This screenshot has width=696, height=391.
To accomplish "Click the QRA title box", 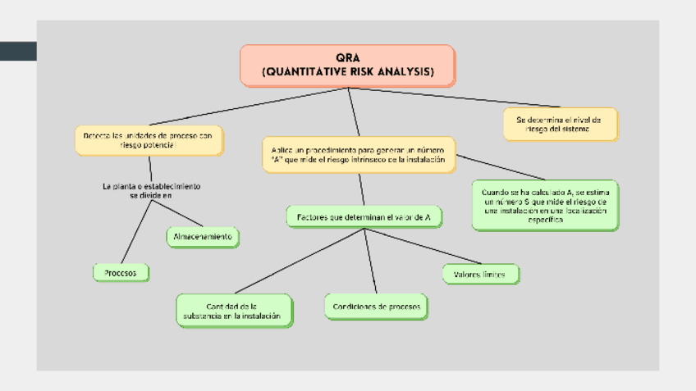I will click(347, 66).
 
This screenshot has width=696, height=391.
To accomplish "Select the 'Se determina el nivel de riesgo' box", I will click(560, 124).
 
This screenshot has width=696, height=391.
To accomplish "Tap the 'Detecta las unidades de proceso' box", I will click(149, 140).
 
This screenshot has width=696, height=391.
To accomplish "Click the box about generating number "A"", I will click(358, 154).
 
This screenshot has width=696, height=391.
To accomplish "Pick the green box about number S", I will click(545, 205).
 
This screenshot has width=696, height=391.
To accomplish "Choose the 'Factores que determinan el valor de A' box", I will click(364, 217).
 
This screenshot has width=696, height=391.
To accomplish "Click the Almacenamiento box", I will click(202, 237).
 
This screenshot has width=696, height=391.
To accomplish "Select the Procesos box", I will click(121, 271).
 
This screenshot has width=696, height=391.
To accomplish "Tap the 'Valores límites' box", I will click(480, 274).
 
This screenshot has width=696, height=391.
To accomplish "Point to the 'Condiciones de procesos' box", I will click(376, 307).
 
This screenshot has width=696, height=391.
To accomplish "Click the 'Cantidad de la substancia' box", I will click(234, 311).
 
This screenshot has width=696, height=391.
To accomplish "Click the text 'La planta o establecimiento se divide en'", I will click(152, 190).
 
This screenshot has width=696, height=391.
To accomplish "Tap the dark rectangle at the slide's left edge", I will click(18, 51).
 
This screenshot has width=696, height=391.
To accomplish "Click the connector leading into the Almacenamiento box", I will click(176, 214).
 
